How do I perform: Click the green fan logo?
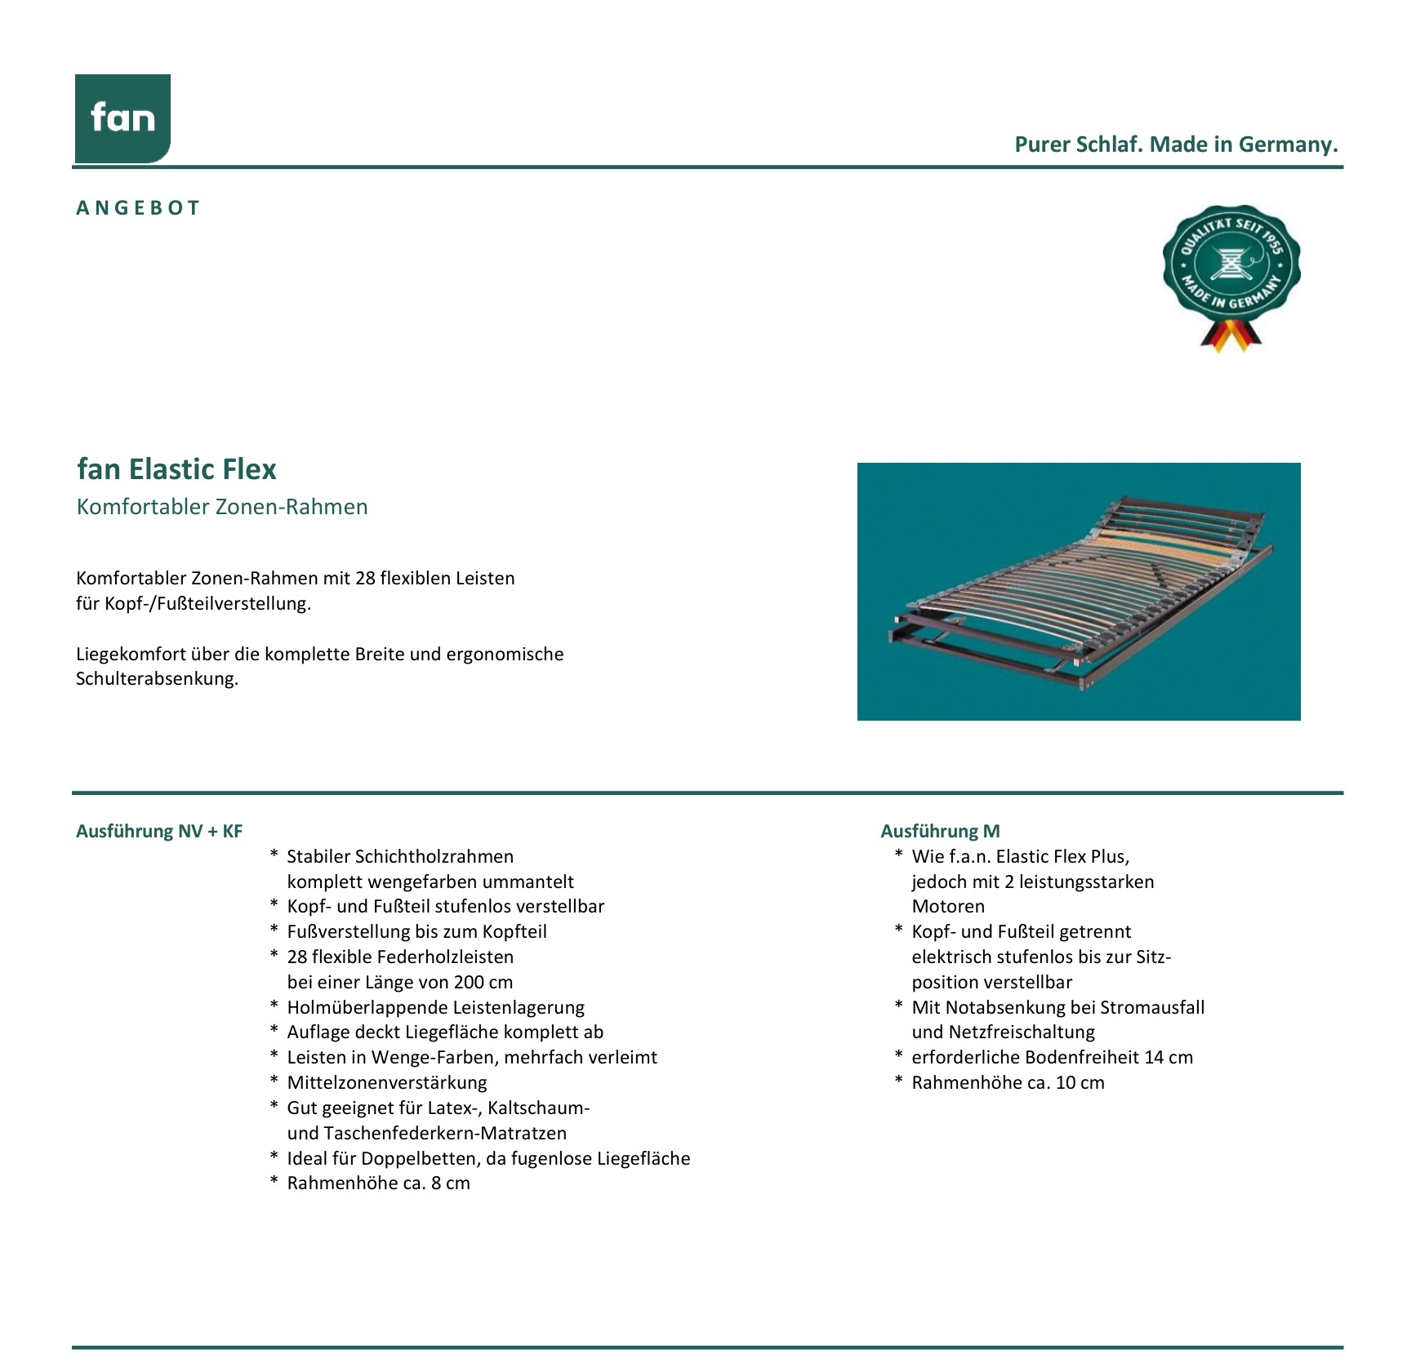point(122,118)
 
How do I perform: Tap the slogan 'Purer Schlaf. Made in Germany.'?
point(1176,144)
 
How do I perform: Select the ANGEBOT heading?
point(138,208)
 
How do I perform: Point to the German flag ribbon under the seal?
point(1231,335)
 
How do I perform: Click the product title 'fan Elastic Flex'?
point(176,469)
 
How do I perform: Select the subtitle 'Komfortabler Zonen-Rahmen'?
point(222,507)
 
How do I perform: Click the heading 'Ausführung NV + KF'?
point(159,832)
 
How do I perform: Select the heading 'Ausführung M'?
point(940,832)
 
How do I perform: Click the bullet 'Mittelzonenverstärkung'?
point(387,1083)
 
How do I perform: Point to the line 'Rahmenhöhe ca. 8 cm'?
point(378,1183)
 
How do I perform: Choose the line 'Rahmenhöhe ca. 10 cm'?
point(1008,1083)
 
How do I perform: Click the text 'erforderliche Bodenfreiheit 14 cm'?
point(1052,1058)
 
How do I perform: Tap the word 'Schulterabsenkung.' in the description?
point(157,679)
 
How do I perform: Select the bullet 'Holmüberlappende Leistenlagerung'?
point(435,1008)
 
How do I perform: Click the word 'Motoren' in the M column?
point(948,907)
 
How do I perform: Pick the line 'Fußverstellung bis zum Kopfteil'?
point(416,932)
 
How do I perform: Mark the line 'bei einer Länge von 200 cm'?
point(400,983)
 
